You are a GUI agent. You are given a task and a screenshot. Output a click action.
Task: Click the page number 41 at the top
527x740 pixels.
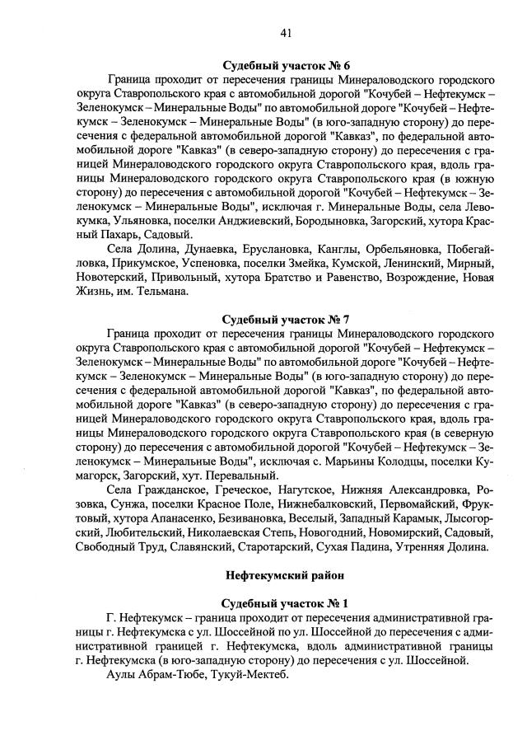point(286,33)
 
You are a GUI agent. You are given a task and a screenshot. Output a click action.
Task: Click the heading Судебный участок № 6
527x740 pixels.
point(287,65)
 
